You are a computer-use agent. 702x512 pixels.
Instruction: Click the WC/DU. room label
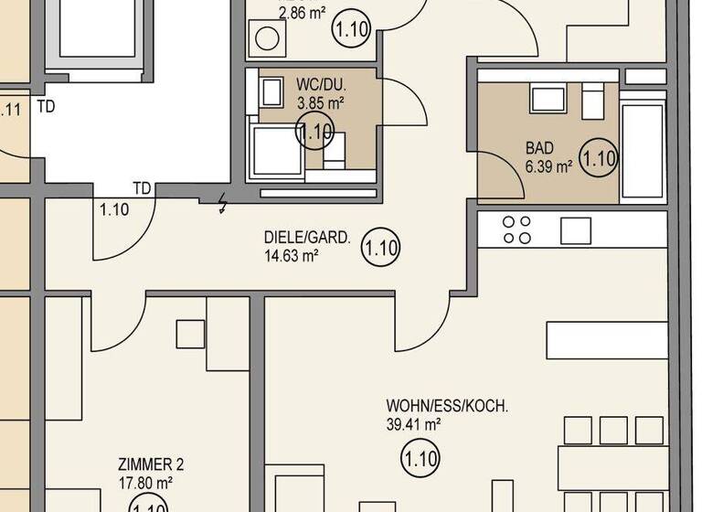pos(319,84)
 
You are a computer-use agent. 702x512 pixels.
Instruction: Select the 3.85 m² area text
pos(319,103)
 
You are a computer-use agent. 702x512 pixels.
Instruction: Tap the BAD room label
pos(539,148)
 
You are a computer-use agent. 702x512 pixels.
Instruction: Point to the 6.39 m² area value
pos(548,167)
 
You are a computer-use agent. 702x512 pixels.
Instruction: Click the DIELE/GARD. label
pos(306,238)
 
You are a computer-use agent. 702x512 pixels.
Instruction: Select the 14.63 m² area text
pos(291,256)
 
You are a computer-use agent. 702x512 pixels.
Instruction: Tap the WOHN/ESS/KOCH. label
pos(447,405)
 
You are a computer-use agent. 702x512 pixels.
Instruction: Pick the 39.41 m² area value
pos(414,423)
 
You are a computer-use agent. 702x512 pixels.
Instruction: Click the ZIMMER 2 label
pos(151,464)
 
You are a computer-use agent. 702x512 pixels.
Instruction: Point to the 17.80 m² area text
pos(145,483)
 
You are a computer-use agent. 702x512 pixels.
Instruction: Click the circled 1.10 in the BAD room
pos(600,157)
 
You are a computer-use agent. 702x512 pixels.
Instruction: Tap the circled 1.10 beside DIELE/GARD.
pos(381,247)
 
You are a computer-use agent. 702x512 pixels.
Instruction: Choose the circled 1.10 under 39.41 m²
pos(420,457)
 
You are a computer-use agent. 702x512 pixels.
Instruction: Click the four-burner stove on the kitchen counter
pos(517,229)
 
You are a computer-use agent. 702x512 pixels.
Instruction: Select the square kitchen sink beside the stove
pos(576,230)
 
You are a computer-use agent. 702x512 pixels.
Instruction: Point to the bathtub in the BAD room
pos(643,151)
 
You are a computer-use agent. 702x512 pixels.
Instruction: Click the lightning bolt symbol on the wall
pos(222,205)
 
